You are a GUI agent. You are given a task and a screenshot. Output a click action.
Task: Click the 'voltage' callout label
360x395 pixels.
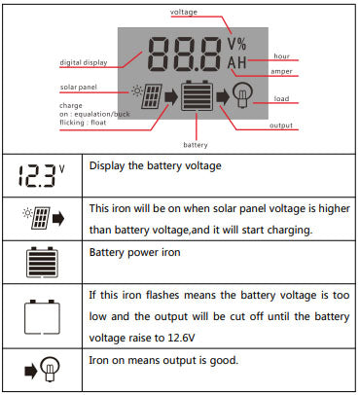[x=184, y=12]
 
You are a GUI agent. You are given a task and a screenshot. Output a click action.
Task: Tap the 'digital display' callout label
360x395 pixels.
[x=84, y=62]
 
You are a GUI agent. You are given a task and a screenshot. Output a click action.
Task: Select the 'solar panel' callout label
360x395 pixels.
[x=79, y=87]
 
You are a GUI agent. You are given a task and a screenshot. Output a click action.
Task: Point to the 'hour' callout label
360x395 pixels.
[x=281, y=56]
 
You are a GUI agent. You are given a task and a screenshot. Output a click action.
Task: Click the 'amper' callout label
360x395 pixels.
[x=281, y=71]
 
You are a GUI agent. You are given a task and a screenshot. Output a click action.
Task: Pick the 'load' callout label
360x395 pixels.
[x=281, y=98]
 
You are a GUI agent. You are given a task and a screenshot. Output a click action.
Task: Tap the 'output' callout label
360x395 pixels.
[x=281, y=126]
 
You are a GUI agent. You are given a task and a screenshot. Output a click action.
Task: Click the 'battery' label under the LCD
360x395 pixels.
[x=196, y=145]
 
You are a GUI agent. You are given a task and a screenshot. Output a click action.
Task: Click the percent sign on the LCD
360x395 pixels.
[x=241, y=44]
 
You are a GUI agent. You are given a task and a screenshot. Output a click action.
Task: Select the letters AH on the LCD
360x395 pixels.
[x=237, y=62]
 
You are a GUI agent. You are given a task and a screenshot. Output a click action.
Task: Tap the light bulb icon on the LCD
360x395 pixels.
[x=242, y=94]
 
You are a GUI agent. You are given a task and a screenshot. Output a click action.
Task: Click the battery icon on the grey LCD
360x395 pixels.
[x=197, y=96]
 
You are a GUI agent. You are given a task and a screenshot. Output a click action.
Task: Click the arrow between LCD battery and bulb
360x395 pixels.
[x=223, y=96]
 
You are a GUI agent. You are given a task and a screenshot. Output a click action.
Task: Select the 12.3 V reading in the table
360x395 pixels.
[x=41, y=176]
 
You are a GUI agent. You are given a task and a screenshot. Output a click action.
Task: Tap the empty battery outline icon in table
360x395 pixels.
[x=42, y=317]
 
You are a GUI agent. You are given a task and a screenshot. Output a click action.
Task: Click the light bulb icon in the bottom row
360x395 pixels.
[x=50, y=369]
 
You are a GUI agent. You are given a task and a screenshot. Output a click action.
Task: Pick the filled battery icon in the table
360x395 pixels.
[x=42, y=263]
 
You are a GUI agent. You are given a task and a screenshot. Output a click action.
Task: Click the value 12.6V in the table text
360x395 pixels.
[x=181, y=338]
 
